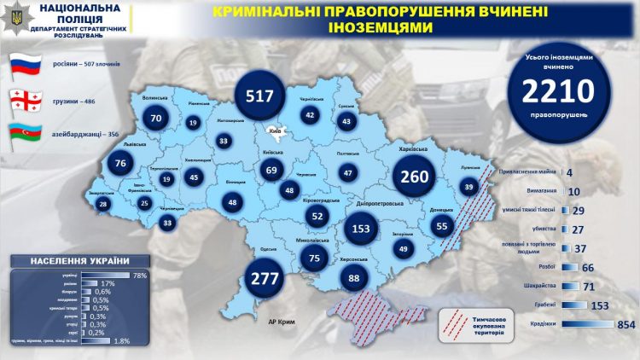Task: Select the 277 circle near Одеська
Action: pyautogui.click(x=268, y=278)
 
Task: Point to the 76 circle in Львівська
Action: pyautogui.click(x=120, y=164)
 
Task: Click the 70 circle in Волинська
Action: pyautogui.click(x=155, y=119)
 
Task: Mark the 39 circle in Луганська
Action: pyautogui.click(x=468, y=187)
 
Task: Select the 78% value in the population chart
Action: pyautogui.click(x=138, y=275)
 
